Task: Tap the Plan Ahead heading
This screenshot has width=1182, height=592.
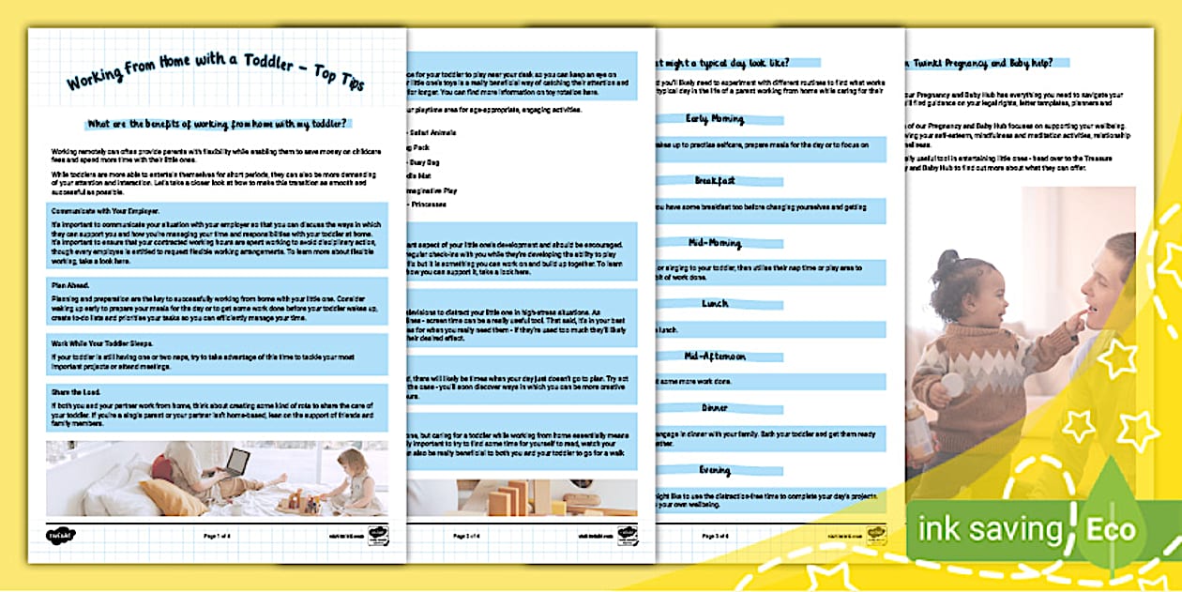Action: [x=65, y=283]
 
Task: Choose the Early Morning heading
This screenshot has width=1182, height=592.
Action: [x=716, y=119]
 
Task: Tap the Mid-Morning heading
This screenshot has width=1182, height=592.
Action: [x=715, y=242]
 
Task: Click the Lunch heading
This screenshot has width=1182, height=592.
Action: [x=716, y=304]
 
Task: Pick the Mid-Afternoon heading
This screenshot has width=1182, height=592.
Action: [x=716, y=357]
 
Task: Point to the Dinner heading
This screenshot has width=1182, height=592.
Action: [x=716, y=408]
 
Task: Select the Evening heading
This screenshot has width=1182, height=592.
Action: [x=716, y=470]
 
